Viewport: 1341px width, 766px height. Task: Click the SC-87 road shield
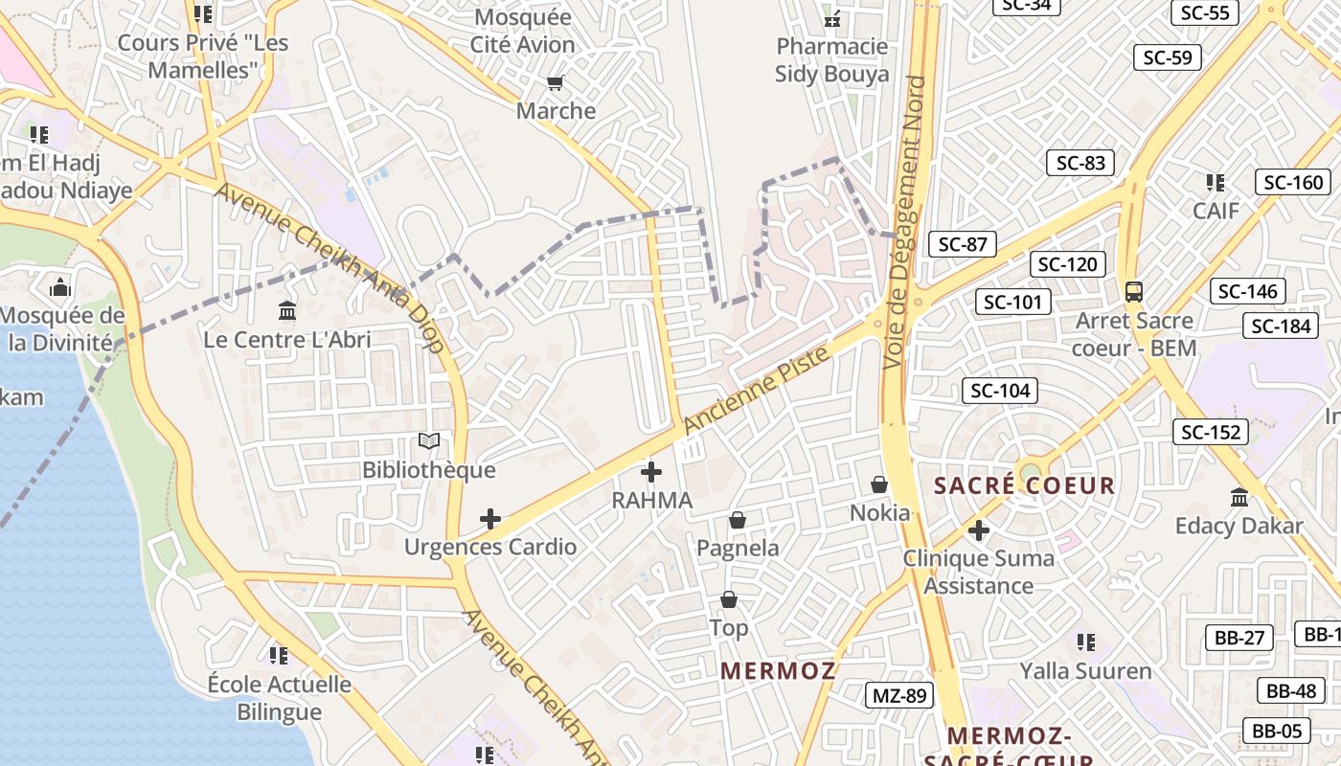pyautogui.click(x=962, y=244)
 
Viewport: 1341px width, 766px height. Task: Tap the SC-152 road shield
pyautogui.click(x=1211, y=432)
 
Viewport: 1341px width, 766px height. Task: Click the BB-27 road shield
pyautogui.click(x=1239, y=638)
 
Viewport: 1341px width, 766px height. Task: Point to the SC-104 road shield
pyautogui.click(x=1000, y=390)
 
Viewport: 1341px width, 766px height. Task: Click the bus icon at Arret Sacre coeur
pyautogui.click(x=1134, y=291)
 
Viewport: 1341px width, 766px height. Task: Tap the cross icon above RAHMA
pyautogui.click(x=651, y=471)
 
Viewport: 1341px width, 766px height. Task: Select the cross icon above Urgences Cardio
pyautogui.click(x=490, y=519)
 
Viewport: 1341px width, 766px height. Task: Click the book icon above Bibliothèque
pyautogui.click(x=429, y=441)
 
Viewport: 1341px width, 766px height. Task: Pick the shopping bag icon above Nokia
pyautogui.click(x=879, y=485)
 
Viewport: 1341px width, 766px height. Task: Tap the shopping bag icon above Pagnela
pyautogui.click(x=738, y=520)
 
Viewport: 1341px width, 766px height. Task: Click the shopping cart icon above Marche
pyautogui.click(x=555, y=83)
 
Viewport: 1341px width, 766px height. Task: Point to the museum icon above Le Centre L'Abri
pyautogui.click(x=286, y=311)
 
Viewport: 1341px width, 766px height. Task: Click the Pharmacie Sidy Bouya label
pyautogui.click(x=831, y=60)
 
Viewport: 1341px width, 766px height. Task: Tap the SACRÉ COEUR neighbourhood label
pyautogui.click(x=1024, y=485)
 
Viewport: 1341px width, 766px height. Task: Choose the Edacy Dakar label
pyautogui.click(x=1239, y=526)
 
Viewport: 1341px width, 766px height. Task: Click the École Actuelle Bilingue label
pyautogui.click(x=280, y=698)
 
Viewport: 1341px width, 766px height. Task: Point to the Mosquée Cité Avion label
pyautogui.click(x=523, y=31)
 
